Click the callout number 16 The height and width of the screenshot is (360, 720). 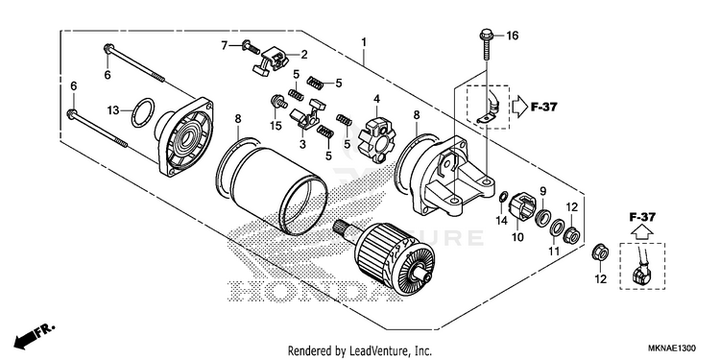click(512, 36)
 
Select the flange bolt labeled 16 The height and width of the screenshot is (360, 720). click(486, 44)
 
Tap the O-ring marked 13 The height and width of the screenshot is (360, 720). click(143, 112)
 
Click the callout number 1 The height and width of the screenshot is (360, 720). click(364, 42)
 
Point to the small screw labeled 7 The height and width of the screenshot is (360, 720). click(251, 47)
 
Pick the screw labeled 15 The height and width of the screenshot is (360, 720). click(279, 102)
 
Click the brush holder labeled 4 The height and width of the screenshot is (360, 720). click(376, 140)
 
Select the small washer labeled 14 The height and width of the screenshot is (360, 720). click(503, 198)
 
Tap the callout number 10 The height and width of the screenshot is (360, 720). click(517, 237)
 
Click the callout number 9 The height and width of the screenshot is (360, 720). click(542, 191)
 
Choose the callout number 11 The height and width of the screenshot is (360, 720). click(554, 252)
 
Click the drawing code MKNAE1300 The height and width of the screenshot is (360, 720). click(671, 348)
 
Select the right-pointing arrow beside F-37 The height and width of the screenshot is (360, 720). click(520, 108)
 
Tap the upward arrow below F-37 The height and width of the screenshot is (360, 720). click(642, 233)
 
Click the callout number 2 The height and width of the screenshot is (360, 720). click(304, 55)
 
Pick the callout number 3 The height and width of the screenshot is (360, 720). click(302, 144)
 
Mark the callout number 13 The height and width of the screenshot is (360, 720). click(113, 110)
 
